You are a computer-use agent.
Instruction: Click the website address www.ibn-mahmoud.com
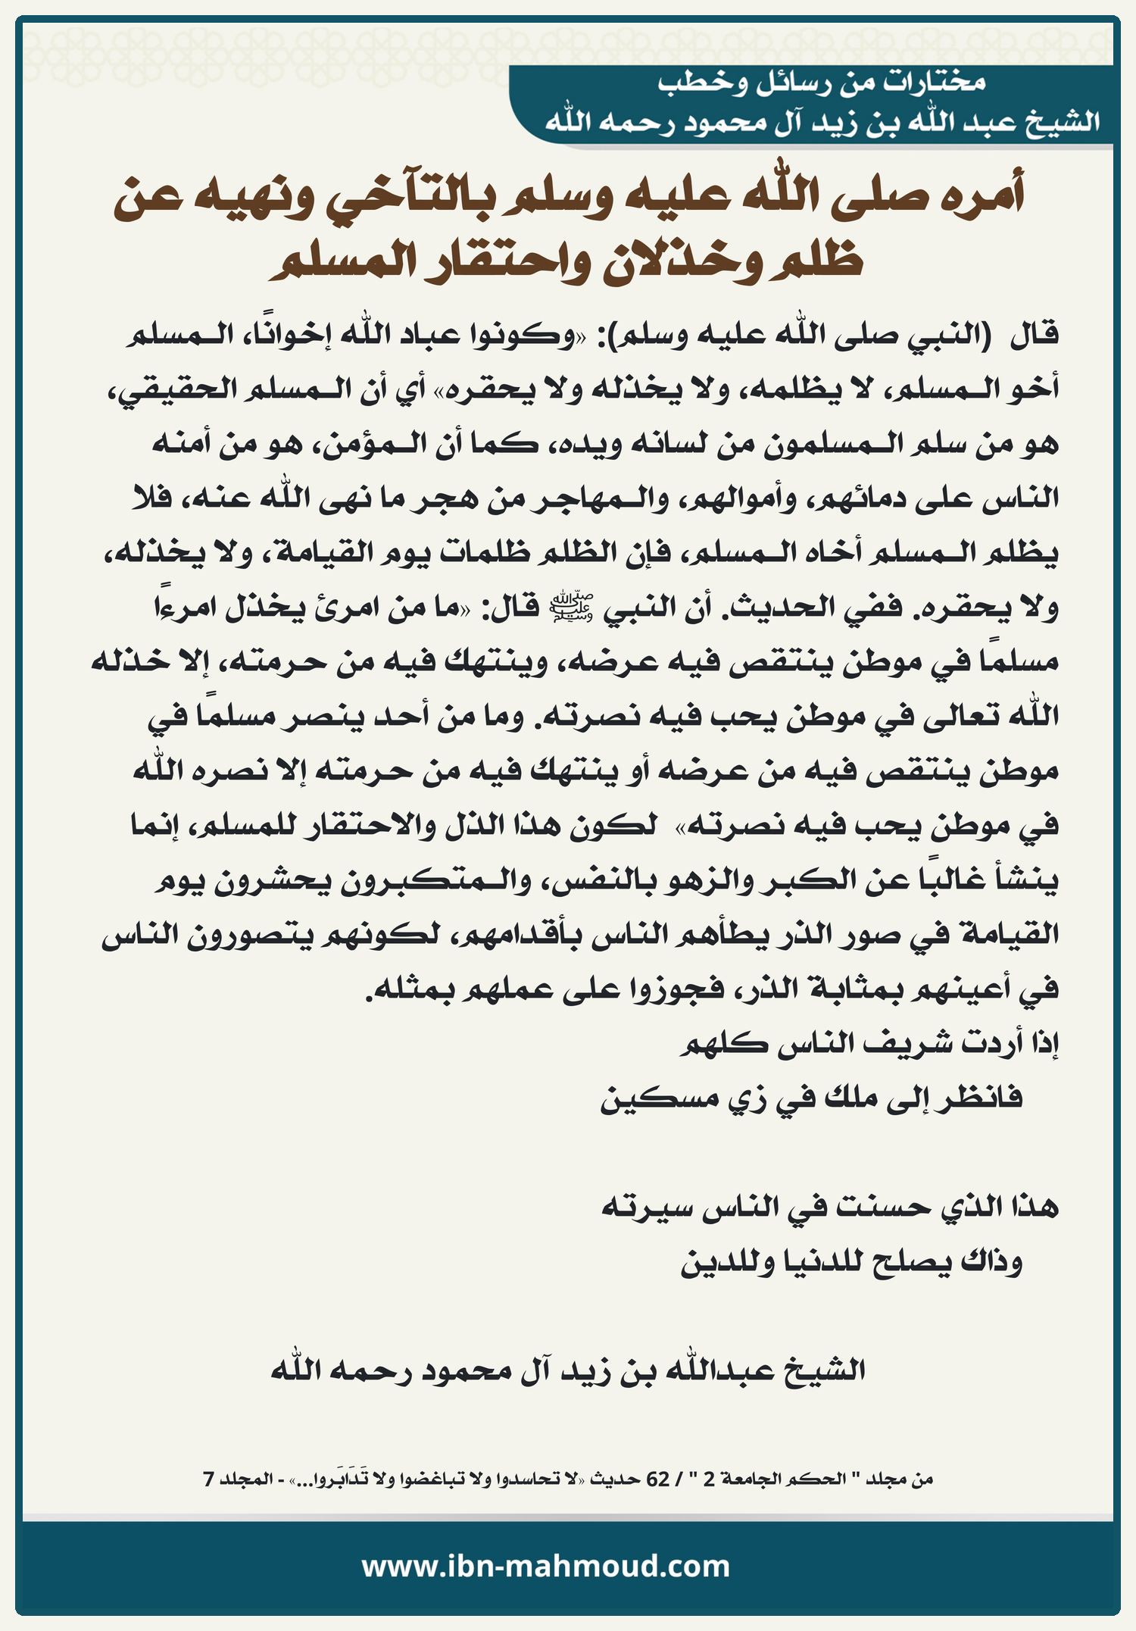pyautogui.click(x=545, y=1566)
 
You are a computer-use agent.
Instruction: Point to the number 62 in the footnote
pyautogui.click(x=658, y=1478)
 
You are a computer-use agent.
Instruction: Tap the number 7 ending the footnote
pyautogui.click(x=208, y=1478)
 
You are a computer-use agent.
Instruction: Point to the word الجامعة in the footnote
pyautogui.click(x=746, y=1478)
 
